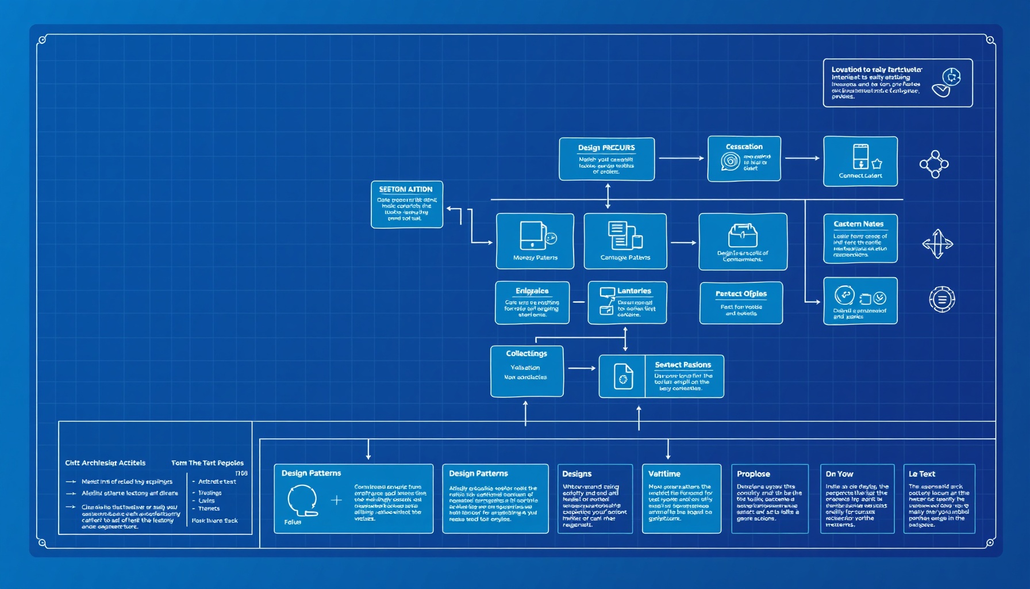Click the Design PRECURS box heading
click(x=606, y=148)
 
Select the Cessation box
click(x=744, y=159)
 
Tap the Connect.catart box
click(x=860, y=162)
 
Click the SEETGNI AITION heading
click(x=406, y=189)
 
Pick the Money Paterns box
click(x=535, y=241)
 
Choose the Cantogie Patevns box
click(x=625, y=241)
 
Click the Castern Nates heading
click(x=858, y=224)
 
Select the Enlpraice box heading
click(x=532, y=291)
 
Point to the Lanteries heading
click(x=634, y=291)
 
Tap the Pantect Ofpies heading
click(x=741, y=294)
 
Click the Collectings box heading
click(x=526, y=354)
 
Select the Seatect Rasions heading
click(x=683, y=365)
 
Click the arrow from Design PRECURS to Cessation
click(x=681, y=158)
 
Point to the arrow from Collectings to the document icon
click(x=581, y=368)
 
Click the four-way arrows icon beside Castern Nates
click(x=937, y=244)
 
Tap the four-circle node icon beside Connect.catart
click(x=934, y=165)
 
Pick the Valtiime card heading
click(x=664, y=474)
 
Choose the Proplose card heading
click(x=753, y=474)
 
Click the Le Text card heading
click(x=921, y=474)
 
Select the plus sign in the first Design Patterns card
click(x=336, y=500)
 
